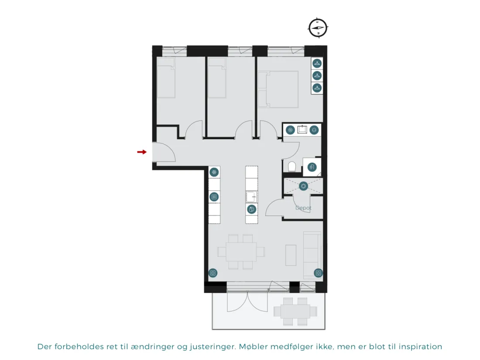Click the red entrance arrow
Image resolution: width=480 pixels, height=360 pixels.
pyautogui.click(x=142, y=152)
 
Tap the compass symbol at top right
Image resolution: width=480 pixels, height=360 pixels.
pyautogui.click(x=318, y=27)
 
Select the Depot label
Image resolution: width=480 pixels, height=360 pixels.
pyautogui.click(x=303, y=208)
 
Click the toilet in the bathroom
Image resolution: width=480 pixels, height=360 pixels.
pyautogui.click(x=292, y=167)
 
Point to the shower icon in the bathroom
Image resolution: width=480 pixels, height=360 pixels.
pyautogui.click(x=312, y=167)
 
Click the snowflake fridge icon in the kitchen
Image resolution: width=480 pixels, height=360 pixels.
pyautogui.click(x=214, y=172)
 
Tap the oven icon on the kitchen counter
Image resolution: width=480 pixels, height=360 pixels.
pyautogui.click(x=214, y=197)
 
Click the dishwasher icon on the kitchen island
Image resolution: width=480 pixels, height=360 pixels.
pyautogui.click(x=251, y=209)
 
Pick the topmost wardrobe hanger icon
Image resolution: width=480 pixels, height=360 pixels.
pyautogui.click(x=317, y=63)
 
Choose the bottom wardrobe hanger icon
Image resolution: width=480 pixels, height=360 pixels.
pyautogui.click(x=317, y=88)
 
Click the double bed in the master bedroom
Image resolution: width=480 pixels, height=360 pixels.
pyautogui.click(x=278, y=89)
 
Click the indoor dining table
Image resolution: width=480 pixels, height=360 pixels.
pyautogui.click(x=241, y=252)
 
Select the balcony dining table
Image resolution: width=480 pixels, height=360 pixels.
pyautogui.click(x=295, y=312)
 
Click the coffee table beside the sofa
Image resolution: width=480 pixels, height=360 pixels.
pyautogui.click(x=291, y=255)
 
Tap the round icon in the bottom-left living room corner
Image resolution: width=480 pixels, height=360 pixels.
pyautogui.click(x=213, y=273)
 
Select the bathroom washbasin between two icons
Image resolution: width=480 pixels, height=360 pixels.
pyautogui.click(x=302, y=130)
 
